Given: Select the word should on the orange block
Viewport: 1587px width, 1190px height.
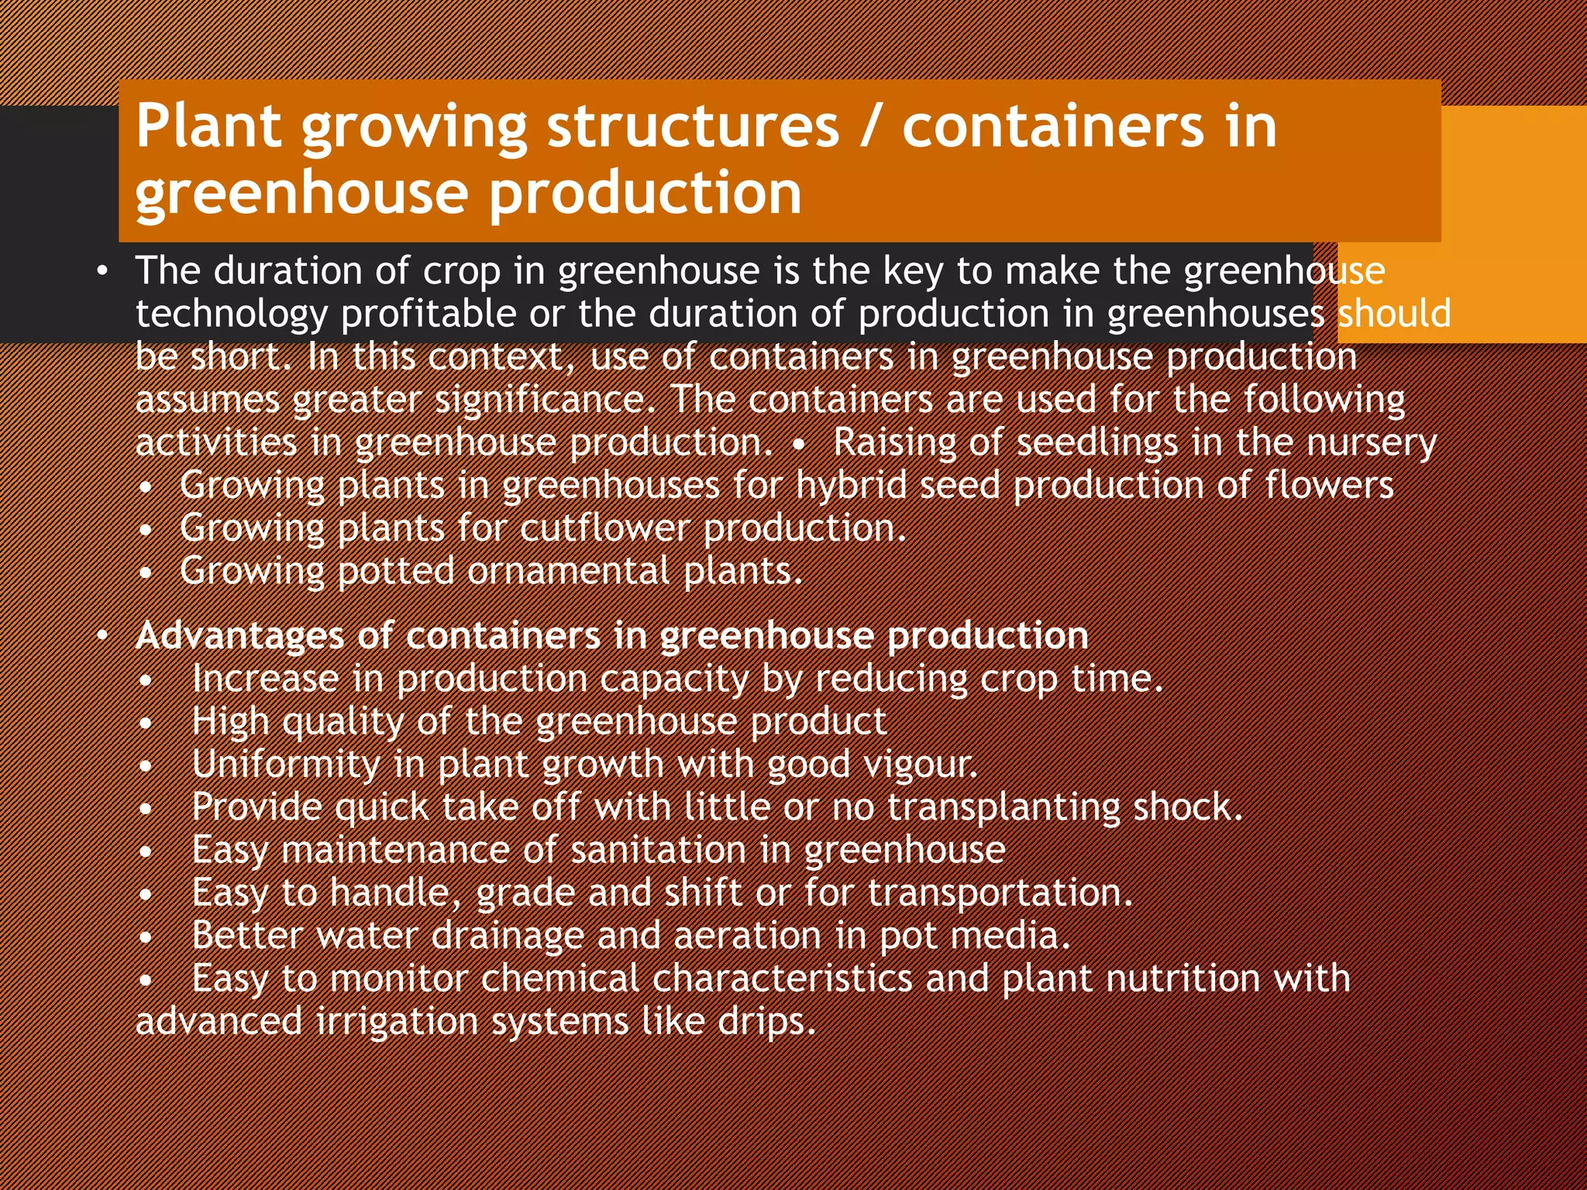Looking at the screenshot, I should click(x=1395, y=314).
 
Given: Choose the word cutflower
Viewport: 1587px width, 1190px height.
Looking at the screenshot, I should click(x=604, y=528).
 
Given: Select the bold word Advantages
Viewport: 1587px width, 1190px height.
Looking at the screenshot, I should click(x=239, y=636).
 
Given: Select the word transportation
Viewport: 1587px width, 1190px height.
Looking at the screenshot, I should click(x=1000, y=893).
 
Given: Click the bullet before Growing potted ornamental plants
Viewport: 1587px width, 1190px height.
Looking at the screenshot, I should click(x=145, y=574).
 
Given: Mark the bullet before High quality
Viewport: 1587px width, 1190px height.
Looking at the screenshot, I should click(x=145, y=724).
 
